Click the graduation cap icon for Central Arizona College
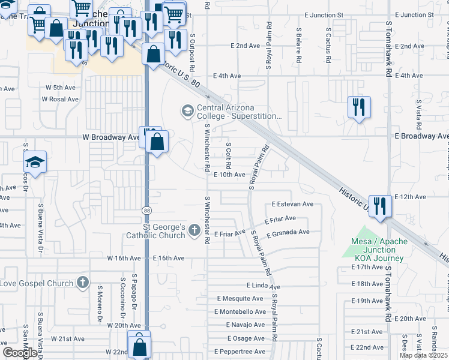pyautogui.click(x=187, y=110)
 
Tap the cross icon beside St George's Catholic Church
pyautogui.click(x=193, y=230)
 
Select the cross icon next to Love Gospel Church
pyautogui.click(x=83, y=283)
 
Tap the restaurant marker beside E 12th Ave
pyautogui.click(x=380, y=205)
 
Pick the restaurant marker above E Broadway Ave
pyautogui.click(x=359, y=107)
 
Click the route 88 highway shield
pyautogui.click(x=146, y=210)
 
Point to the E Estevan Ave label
pyautogui.click(x=292, y=204)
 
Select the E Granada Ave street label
pyautogui.click(x=288, y=232)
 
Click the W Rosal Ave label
pyautogui.click(x=62, y=99)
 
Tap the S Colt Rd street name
pyautogui.click(x=229, y=155)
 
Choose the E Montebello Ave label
pyautogui.click(x=240, y=311)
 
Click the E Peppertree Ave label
pyautogui.click(x=239, y=351)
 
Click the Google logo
pyautogui.click(x=20, y=353)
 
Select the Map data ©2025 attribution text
pyautogui.click(x=423, y=355)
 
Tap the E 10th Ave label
pyautogui.click(x=229, y=175)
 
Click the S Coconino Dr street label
pyautogui.click(x=122, y=297)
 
